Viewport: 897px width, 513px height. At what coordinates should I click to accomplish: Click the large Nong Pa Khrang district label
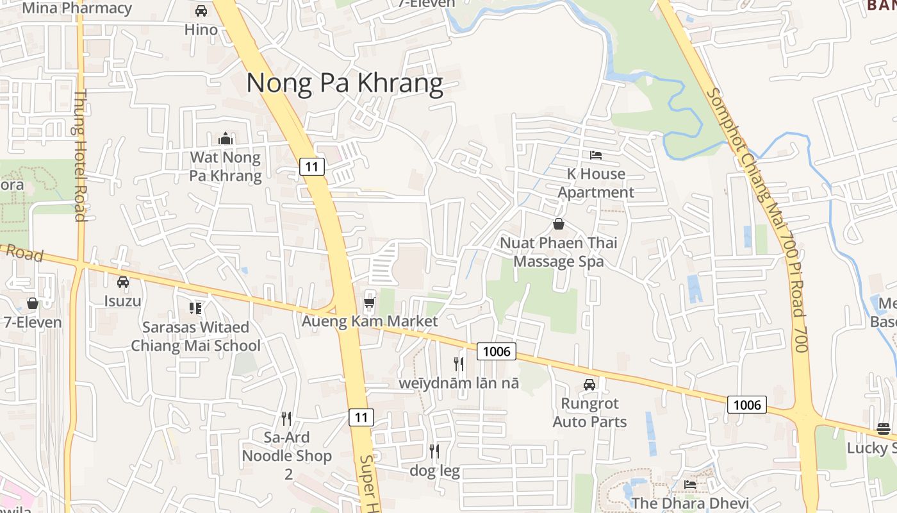tap(345, 83)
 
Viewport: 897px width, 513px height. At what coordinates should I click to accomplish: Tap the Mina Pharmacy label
tap(77, 8)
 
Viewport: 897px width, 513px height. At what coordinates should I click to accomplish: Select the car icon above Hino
tap(201, 11)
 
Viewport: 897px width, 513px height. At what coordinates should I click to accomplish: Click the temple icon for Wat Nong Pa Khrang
tap(225, 139)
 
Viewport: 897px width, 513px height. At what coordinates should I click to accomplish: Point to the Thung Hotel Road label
tap(80, 156)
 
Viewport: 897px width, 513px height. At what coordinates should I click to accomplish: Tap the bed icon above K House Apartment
tap(595, 155)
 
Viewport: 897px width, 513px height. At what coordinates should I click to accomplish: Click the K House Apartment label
tap(596, 183)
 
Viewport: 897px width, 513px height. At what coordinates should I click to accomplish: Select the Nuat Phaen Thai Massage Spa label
tap(559, 252)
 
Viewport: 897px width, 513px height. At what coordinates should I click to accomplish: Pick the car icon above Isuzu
tap(123, 282)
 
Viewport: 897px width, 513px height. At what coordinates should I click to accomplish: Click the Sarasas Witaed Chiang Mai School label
tap(195, 337)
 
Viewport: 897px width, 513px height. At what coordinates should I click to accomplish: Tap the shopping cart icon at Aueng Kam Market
tap(369, 301)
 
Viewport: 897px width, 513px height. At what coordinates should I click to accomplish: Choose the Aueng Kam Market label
tap(370, 321)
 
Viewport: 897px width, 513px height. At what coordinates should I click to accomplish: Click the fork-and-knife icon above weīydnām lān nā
tap(459, 364)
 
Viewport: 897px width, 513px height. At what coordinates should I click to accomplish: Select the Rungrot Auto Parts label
tap(589, 412)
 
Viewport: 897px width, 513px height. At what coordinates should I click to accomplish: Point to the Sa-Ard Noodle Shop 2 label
tap(286, 456)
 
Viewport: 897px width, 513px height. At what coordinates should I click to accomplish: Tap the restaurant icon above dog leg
tap(434, 451)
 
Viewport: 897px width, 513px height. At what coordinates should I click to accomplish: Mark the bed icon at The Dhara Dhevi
tap(690, 484)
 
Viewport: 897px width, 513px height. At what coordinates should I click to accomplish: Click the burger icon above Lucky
tap(884, 429)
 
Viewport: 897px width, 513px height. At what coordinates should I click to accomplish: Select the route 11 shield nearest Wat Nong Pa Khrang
tap(312, 167)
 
